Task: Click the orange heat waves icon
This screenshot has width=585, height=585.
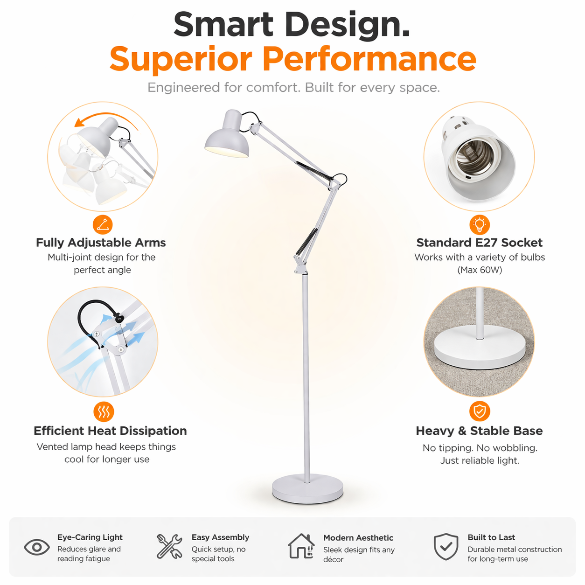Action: tap(104, 411)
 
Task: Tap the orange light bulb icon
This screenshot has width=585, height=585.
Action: tap(480, 225)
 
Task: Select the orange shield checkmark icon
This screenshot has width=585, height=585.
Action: tap(480, 411)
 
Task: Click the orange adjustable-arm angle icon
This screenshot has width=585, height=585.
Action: tap(103, 225)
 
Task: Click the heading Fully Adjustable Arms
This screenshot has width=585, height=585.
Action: tap(101, 243)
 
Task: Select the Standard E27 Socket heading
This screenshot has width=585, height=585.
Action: tap(480, 243)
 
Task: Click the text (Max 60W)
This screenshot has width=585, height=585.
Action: tap(480, 270)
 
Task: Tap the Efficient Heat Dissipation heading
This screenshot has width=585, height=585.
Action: tap(110, 431)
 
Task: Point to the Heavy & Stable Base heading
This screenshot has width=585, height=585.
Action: tap(479, 431)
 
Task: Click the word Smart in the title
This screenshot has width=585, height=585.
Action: tap(223, 24)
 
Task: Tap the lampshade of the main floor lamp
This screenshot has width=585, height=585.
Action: tap(227, 137)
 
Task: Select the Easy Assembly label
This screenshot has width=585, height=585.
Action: tap(220, 537)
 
